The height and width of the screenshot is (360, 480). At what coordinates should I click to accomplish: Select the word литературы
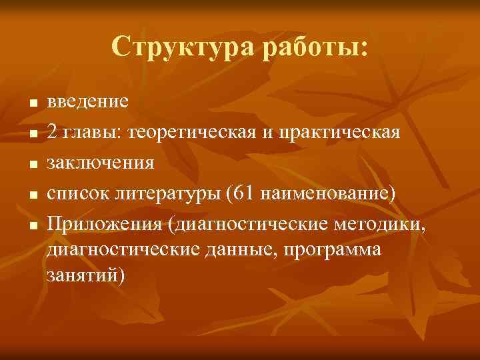pos(166,193)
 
